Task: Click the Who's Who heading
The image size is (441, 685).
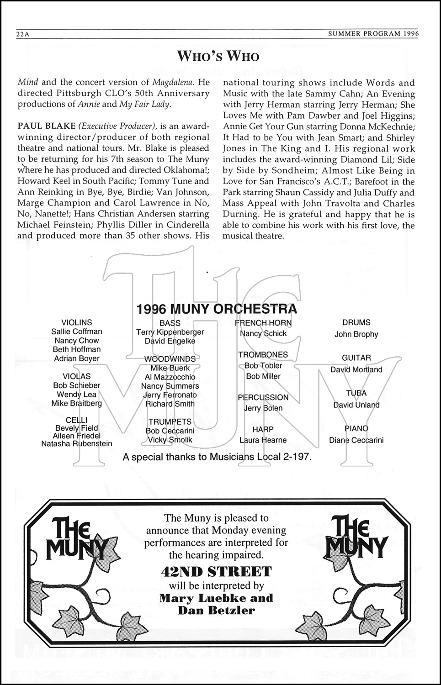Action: point(218,56)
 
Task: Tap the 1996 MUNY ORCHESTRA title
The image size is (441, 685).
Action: point(217,309)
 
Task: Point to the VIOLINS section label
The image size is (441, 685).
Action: point(77,322)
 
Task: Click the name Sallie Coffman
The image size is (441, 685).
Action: point(77,332)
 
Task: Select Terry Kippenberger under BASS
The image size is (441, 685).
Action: point(170,332)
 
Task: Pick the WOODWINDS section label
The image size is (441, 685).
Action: point(170,359)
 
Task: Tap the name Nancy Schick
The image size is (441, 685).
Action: point(263,333)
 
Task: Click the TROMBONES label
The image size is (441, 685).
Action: point(263,354)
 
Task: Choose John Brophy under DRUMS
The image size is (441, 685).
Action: point(356,334)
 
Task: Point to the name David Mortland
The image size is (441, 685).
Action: point(356,369)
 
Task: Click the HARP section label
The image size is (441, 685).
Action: point(263,429)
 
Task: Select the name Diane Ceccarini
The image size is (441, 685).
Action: point(356,440)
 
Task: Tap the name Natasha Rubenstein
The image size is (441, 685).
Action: point(77,443)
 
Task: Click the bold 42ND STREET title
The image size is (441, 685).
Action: point(216,571)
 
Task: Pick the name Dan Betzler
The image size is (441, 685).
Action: point(216,611)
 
